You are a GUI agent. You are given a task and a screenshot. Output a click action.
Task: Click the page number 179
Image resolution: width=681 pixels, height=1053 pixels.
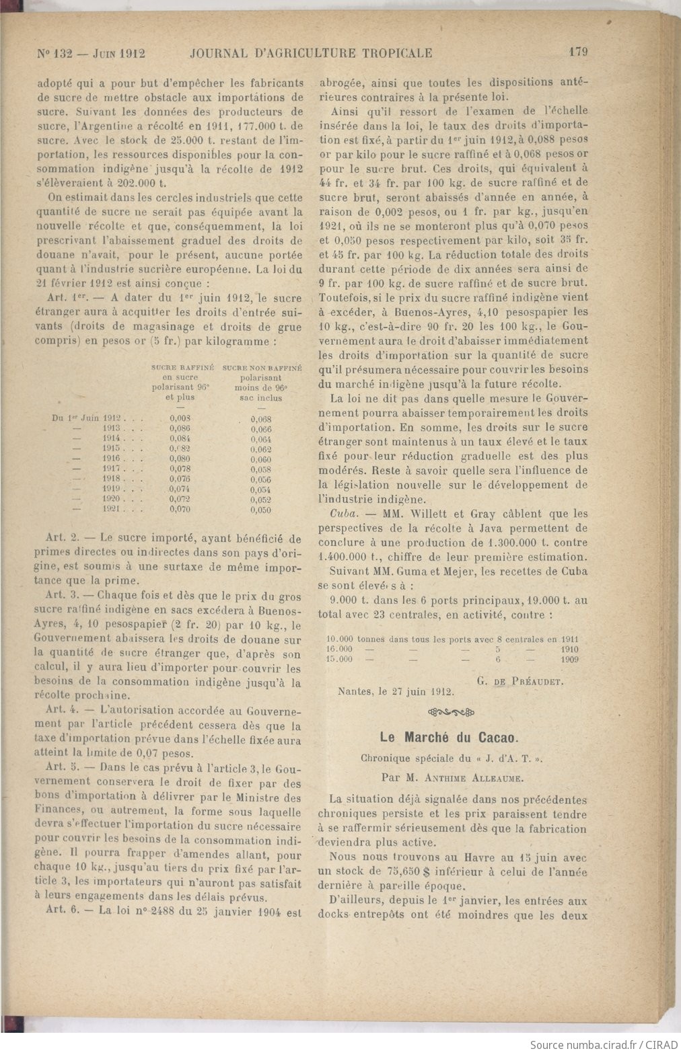(579, 53)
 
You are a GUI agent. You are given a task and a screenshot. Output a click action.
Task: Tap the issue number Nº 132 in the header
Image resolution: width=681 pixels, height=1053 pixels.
(52, 53)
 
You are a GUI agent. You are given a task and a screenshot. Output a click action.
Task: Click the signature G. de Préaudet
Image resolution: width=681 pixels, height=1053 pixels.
(519, 680)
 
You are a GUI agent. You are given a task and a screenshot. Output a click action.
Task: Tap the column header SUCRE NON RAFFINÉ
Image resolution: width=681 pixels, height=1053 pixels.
(262, 368)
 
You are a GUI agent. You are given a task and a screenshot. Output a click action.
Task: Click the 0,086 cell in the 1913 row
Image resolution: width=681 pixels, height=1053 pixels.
(180, 428)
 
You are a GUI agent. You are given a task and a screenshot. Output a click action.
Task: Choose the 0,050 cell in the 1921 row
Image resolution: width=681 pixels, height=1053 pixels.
(261, 510)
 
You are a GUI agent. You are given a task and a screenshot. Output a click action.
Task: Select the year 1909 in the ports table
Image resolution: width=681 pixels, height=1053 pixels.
(569, 659)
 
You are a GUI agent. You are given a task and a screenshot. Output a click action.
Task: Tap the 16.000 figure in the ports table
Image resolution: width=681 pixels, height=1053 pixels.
(339, 650)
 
